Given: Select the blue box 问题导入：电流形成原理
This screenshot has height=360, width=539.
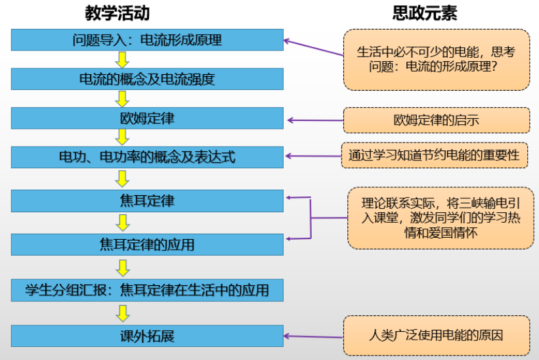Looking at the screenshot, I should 147,40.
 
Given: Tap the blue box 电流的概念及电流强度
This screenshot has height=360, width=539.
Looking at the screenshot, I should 147,79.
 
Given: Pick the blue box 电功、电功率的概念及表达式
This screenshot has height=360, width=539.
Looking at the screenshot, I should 147,158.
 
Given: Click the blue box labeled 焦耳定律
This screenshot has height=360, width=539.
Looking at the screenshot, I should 147,200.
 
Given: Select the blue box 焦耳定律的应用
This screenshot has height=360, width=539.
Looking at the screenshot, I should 147,244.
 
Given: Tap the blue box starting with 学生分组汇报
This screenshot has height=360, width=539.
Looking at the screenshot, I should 147,289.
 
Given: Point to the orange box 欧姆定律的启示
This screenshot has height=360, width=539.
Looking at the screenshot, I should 436,120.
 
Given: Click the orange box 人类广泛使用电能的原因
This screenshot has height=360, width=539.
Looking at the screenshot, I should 436,336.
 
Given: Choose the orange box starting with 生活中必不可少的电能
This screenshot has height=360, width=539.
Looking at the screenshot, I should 436,59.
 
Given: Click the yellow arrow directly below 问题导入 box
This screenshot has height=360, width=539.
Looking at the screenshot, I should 121,60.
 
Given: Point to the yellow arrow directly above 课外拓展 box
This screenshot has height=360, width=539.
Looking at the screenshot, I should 121,313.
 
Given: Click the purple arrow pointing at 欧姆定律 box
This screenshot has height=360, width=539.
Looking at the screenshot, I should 315,120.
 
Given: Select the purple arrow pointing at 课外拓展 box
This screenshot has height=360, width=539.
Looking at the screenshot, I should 315,336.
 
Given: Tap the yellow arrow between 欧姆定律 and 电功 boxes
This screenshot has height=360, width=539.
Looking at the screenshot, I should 121,137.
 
